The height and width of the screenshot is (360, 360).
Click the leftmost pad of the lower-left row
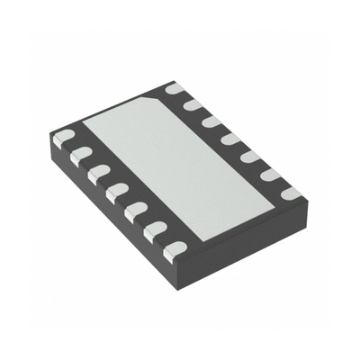pyautogui.click(x=62, y=138)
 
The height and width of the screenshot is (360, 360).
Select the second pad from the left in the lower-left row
pyautogui.click(x=80, y=154)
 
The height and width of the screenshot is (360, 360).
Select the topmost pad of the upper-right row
pyautogui.click(x=175, y=88)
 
